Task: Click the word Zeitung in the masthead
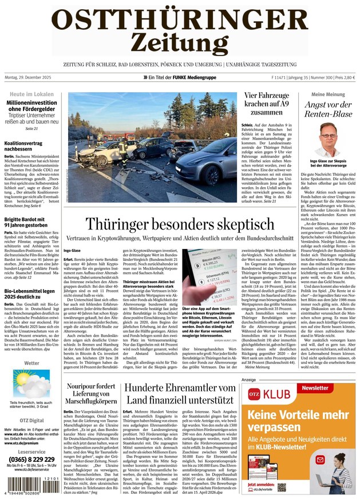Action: [x=180, y=42]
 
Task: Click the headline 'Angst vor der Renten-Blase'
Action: [x=329, y=109]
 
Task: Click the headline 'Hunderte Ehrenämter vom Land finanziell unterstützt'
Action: [x=180, y=394]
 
